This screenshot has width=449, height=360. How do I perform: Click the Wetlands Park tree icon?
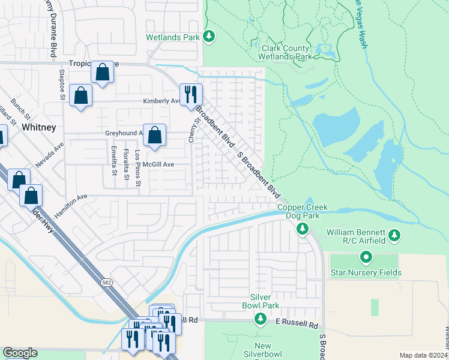point(209,37)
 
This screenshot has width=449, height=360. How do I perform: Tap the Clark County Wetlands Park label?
point(285,52)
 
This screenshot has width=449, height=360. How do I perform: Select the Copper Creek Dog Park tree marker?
point(303,228)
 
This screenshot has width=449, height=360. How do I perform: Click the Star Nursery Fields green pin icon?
point(366,258)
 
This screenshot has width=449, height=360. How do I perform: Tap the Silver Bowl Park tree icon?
point(260,318)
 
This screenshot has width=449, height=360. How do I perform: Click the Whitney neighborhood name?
point(38,127)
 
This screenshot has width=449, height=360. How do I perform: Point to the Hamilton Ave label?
point(71,205)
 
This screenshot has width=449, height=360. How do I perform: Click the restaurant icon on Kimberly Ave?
point(191,94)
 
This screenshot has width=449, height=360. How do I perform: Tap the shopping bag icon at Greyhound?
point(154,136)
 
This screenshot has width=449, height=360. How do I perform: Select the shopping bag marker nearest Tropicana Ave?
point(103,73)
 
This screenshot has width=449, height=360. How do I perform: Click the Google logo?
point(20,353)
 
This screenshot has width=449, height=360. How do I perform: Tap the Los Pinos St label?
point(137,160)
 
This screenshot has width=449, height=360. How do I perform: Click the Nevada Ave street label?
point(50,155)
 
